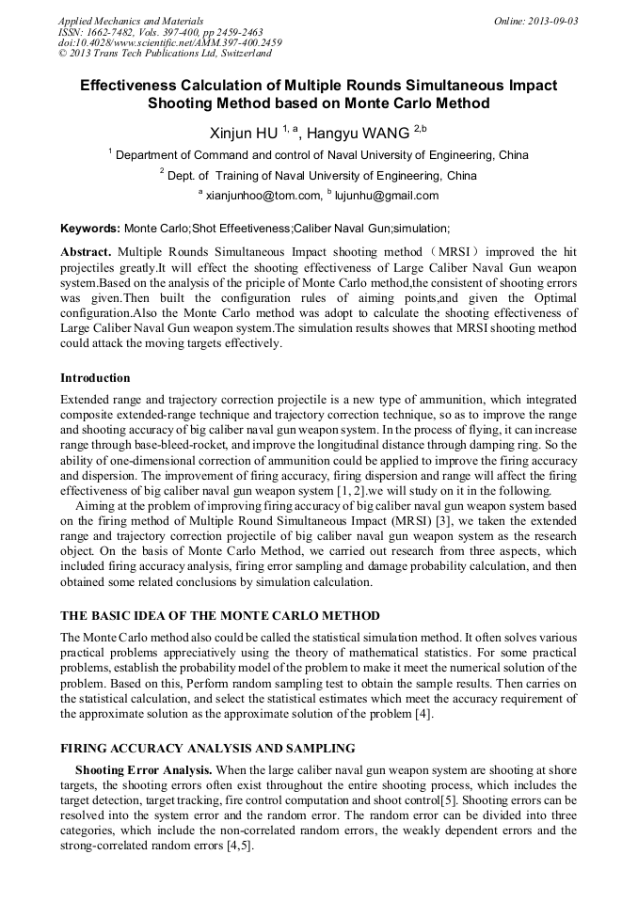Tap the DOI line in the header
[x=169, y=43]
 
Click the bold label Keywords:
[x=90, y=229]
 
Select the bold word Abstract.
[x=86, y=253]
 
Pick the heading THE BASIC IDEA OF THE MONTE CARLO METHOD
[x=220, y=615]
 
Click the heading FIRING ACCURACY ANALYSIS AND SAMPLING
[x=208, y=749]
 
